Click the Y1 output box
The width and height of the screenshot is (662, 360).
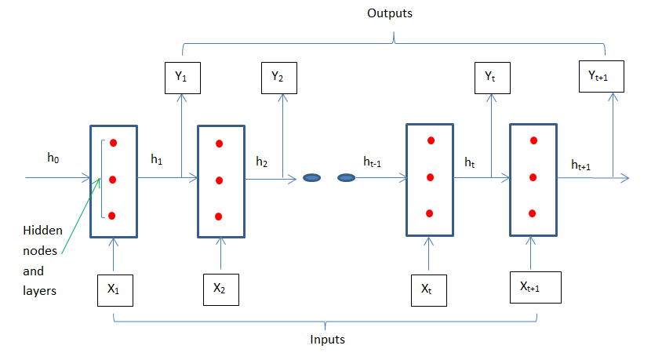coord(181,77)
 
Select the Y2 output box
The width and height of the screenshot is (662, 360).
coord(278,77)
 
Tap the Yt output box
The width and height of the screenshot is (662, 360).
coord(490,77)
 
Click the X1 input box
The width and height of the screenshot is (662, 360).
coord(115,289)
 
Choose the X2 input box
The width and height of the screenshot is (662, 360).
coord(220,289)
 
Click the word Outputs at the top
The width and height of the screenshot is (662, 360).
coord(389,13)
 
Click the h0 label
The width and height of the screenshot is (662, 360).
coord(53,158)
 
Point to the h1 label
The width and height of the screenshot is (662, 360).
coord(157,159)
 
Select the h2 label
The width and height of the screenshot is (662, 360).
coord(261,162)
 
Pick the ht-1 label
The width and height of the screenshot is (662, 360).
coord(373,162)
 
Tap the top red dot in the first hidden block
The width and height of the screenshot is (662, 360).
coord(114,143)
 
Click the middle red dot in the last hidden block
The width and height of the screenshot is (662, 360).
coord(533,177)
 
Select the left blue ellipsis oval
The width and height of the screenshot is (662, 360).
coord(312,178)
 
